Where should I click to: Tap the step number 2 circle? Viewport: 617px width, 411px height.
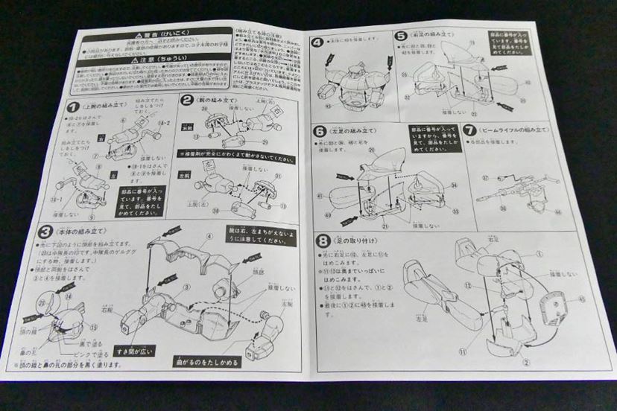click(187, 100)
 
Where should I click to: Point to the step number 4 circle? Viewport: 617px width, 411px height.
click(317, 42)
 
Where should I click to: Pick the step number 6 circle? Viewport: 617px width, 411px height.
click(320, 131)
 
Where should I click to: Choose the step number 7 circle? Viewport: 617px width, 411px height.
click(469, 129)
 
